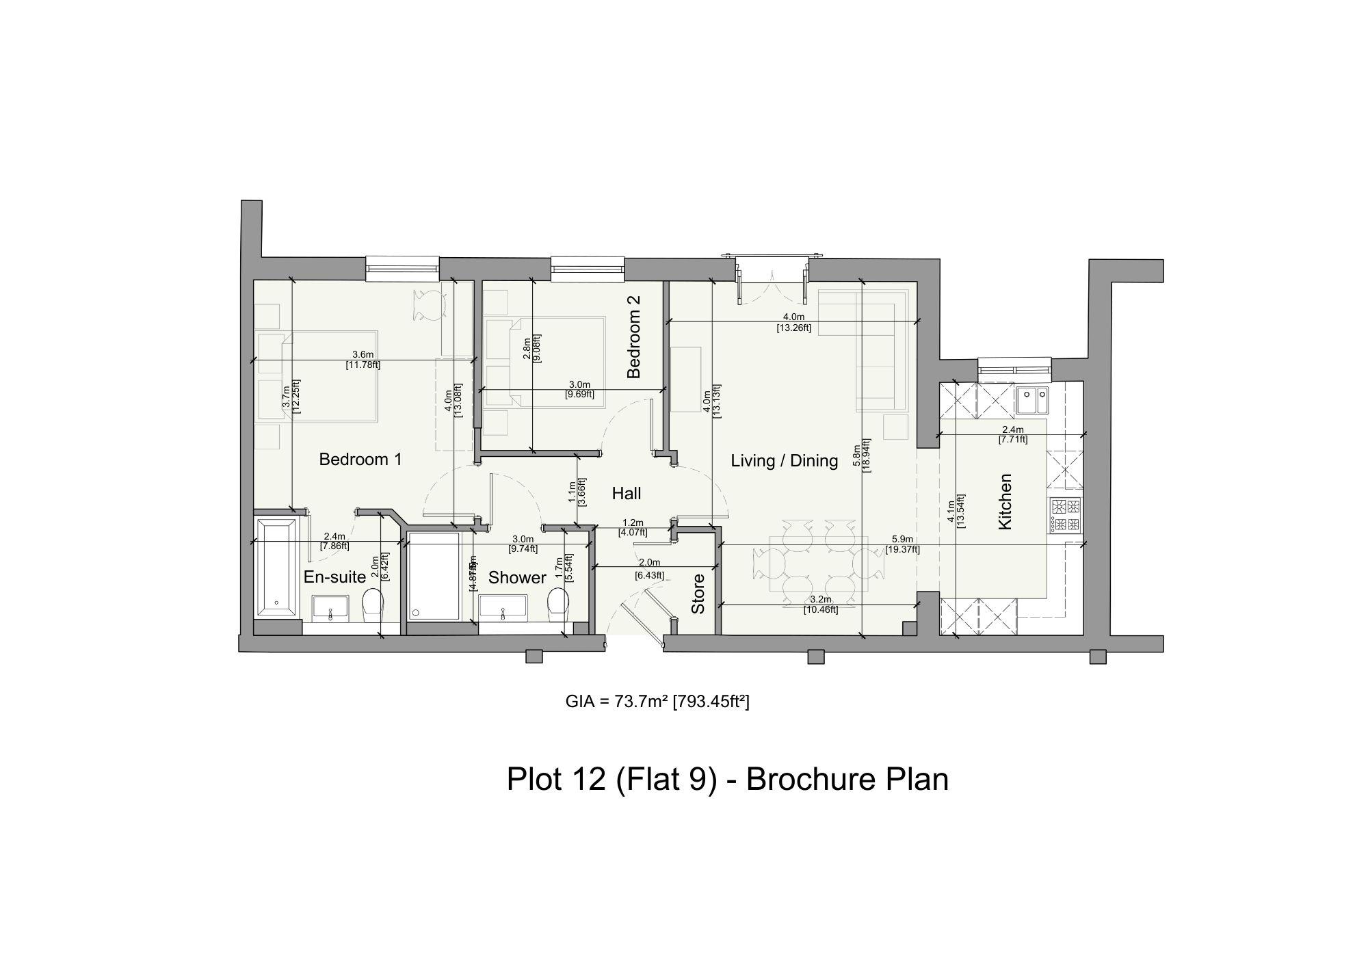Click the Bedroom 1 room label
pos(360,459)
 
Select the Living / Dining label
pos(784,460)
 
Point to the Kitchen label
pos(1004,501)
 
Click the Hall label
pos(626,493)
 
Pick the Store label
pos(698,594)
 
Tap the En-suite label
pos(334,577)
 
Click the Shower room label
pos(517,578)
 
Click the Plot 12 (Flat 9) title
pos(727,779)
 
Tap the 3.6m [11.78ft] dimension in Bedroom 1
pos(363,360)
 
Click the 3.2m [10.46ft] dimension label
pos(821,605)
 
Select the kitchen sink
pos(1031,401)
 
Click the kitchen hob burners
pos(1066,516)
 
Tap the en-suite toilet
pos(372,603)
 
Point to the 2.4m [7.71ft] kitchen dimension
pos(1013,434)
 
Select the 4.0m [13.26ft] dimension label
pos(793,322)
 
